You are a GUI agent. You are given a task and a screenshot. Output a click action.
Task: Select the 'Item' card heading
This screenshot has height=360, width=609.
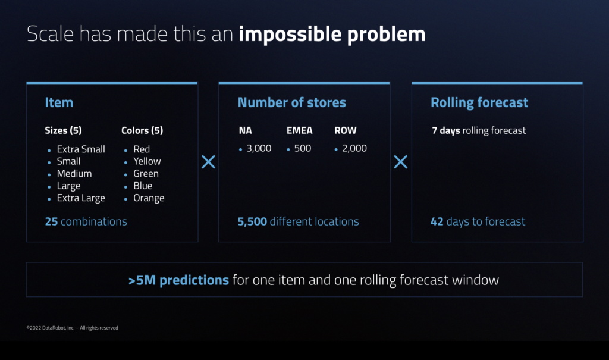[x=59, y=102]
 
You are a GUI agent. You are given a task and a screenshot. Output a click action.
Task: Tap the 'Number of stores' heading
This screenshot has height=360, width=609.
[x=291, y=102]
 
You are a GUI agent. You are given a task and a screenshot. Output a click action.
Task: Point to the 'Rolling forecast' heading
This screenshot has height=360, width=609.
[x=479, y=102]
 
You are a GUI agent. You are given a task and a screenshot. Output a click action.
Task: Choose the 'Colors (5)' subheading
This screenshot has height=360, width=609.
[x=142, y=130]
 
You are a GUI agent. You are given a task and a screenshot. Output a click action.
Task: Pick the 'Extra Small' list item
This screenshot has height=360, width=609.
[x=81, y=149]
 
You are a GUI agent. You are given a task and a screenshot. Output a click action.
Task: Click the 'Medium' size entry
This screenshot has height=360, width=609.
[x=74, y=173]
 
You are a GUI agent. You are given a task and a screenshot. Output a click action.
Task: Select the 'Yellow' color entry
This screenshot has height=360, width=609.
[x=147, y=161]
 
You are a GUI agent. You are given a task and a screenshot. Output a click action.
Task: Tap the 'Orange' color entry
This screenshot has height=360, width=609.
[x=149, y=198]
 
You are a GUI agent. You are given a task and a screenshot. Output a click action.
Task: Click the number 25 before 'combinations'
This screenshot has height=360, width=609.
[x=51, y=221]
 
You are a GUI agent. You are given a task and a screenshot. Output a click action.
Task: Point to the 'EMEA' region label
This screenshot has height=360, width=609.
[x=299, y=130]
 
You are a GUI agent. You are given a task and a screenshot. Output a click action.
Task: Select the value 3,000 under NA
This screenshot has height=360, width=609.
[x=259, y=148]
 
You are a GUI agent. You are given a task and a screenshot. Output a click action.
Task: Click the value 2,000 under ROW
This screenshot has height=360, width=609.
[x=354, y=148]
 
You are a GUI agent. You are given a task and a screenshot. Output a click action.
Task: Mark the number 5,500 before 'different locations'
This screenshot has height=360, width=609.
[x=252, y=221]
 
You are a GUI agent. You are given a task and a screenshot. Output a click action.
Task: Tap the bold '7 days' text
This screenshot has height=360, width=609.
[x=445, y=130]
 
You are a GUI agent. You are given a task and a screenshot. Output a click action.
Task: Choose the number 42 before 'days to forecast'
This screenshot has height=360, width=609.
[x=437, y=221]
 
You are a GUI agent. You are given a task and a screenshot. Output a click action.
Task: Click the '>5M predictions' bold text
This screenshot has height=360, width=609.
[x=178, y=280]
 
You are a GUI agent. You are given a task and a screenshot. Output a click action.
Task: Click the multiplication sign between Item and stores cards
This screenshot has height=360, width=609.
[x=208, y=161]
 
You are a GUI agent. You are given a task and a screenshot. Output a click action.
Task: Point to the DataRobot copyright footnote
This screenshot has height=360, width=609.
[x=72, y=328]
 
